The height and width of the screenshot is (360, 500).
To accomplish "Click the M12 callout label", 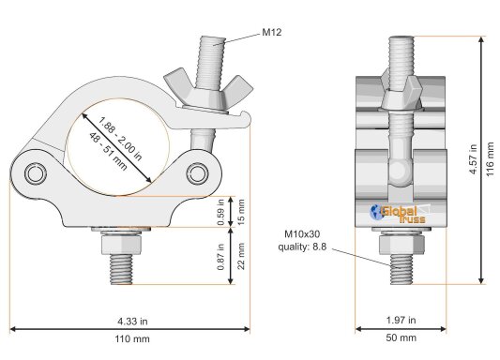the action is tap(272, 32).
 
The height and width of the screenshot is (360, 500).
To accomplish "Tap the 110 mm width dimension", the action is tap(132, 338).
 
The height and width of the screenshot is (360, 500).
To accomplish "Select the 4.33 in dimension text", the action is tap(132, 322).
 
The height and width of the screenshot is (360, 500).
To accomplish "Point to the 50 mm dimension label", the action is tap(402, 337).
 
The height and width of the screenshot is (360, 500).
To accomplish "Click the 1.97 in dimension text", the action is tap(402, 320).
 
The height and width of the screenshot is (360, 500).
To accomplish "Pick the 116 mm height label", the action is tap(490, 159).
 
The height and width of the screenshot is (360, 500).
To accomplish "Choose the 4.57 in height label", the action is tap(473, 159).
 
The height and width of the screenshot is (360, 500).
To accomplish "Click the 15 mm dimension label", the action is tap(241, 212).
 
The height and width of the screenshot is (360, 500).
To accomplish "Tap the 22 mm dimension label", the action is tap(241, 256).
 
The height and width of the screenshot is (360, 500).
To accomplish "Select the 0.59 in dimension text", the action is tap(221, 212).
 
